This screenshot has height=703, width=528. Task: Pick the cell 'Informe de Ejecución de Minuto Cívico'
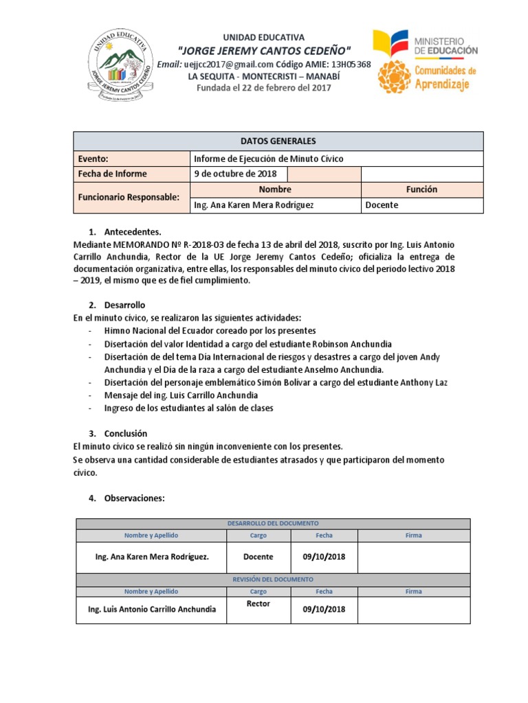(269, 159)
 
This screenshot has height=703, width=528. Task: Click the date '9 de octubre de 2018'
(236, 174)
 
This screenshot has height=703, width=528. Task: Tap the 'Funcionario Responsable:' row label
(129, 197)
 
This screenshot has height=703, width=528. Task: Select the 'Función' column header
(421, 189)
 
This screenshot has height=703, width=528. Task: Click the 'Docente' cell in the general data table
(382, 205)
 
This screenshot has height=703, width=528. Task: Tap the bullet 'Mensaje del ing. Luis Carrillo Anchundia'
(181, 395)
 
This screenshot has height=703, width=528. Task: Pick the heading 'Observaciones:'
(134, 498)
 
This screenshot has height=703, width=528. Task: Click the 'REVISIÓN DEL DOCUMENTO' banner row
(273, 579)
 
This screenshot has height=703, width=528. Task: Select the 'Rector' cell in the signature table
(258, 604)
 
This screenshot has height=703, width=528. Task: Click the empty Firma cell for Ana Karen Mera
(414, 557)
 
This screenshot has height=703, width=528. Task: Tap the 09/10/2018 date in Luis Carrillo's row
(324, 609)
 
